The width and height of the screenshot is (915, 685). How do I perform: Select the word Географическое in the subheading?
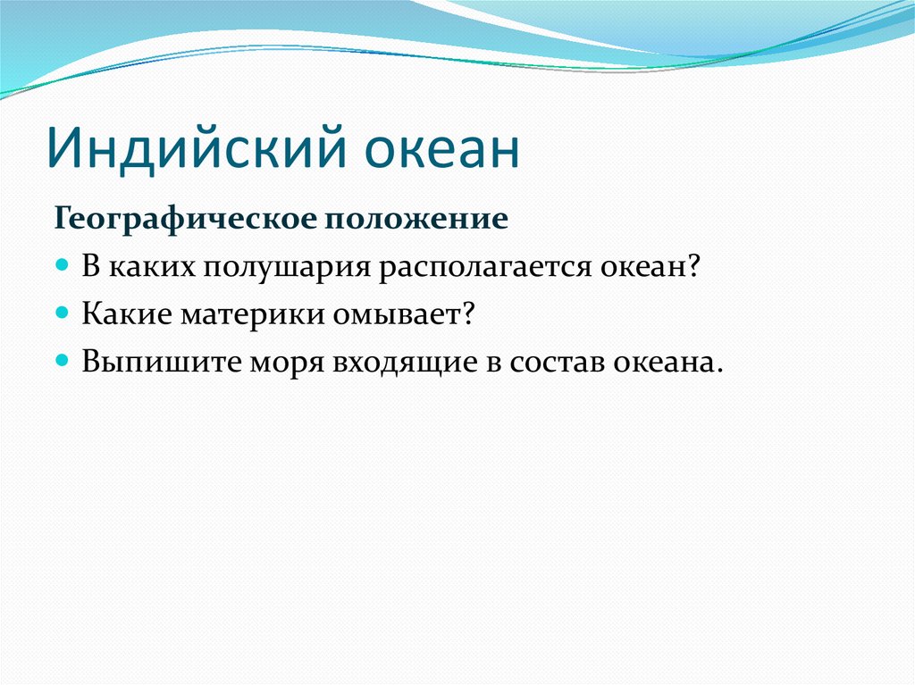187,220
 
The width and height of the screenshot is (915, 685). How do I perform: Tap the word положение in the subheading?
416,219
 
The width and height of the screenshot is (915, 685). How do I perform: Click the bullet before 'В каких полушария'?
63,265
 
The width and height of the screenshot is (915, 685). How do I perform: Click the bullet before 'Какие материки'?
63,313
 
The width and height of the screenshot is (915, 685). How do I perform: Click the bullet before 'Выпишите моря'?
63,360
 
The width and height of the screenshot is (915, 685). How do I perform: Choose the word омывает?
405,314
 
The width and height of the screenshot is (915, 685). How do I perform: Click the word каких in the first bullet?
152,268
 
